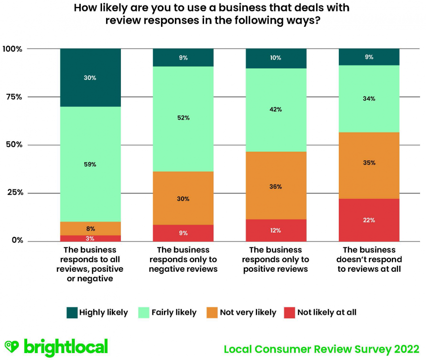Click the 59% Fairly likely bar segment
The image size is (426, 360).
[90, 164]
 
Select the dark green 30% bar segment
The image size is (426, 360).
[90, 78]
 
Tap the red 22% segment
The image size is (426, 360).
[369, 220]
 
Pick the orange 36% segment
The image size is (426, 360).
[276, 186]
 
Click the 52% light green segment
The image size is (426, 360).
[183, 119]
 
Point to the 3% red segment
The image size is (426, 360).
[90, 238]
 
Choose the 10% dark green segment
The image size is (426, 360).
[276, 58]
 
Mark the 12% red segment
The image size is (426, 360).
[276, 230]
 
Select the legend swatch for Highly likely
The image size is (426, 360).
[72, 312]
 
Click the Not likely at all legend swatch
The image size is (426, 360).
[289, 312]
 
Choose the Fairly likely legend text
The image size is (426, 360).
[174, 312]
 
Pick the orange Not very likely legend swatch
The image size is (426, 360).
[213, 312]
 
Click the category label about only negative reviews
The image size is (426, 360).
[183, 259]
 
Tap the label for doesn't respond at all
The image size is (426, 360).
[369, 259]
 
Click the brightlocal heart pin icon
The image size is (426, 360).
[11, 347]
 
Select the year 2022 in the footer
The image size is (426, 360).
[407, 349]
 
